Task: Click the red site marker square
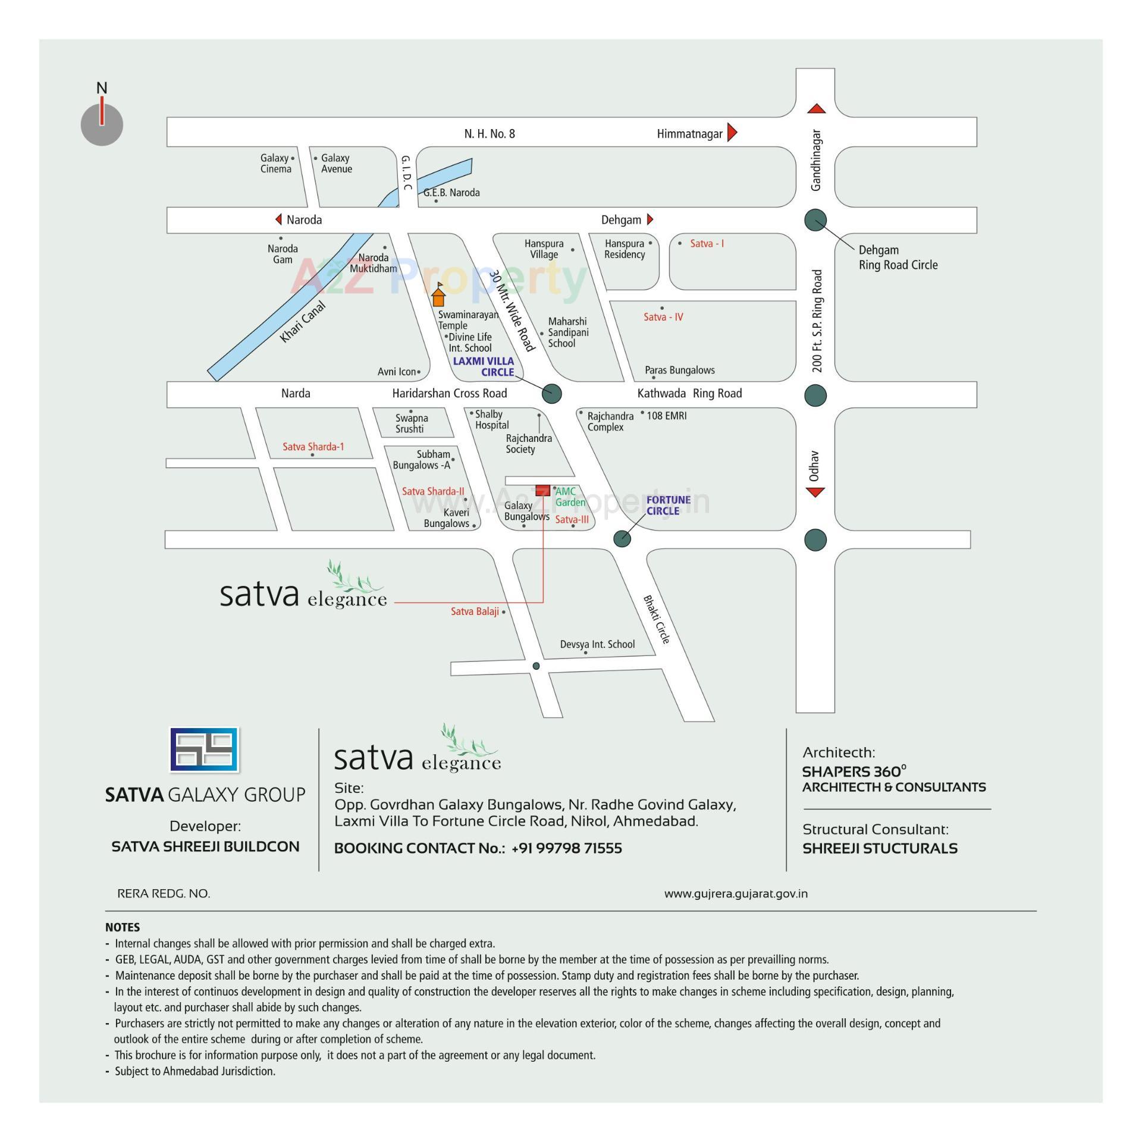pos(542,490)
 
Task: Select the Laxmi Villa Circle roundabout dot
pos(552,393)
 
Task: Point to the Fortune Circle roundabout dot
pos(622,538)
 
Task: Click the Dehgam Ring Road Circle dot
pos(815,220)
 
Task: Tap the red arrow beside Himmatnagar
pos(732,132)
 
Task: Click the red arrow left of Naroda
pos(278,219)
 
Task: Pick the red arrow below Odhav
pos(815,492)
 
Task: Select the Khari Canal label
pos(303,322)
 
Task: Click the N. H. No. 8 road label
pos(490,134)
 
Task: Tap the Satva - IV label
pos(663,317)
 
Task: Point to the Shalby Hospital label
pos(491,419)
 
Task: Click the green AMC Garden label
pos(570,497)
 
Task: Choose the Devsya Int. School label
pos(597,644)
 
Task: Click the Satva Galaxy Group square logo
pos(204,749)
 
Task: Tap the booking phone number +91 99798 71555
pos(566,848)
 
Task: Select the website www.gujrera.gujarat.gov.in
pos(736,893)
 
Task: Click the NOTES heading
pos(123,927)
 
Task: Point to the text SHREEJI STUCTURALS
pos(880,848)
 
